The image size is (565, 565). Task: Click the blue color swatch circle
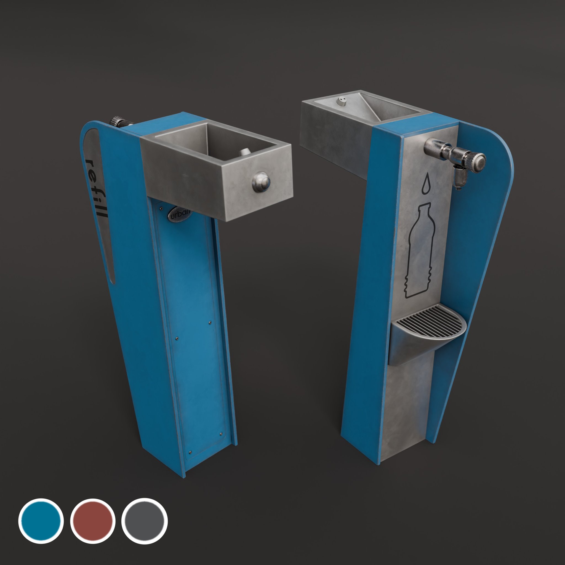(41, 521)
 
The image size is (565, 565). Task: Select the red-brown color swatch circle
(93, 521)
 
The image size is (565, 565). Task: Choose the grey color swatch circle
(144, 521)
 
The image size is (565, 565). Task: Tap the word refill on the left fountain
(96, 189)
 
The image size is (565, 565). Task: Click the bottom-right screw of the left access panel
(221, 434)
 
